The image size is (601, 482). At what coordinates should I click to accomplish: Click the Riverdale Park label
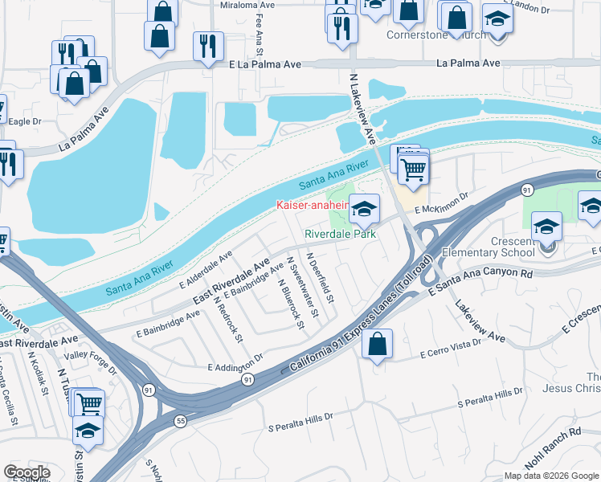tap(341, 235)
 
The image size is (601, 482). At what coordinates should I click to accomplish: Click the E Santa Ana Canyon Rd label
tap(481, 275)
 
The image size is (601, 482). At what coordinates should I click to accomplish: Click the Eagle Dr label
tap(24, 121)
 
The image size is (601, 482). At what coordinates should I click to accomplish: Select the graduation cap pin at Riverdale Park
tap(364, 210)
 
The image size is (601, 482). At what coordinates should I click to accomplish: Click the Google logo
tap(27, 472)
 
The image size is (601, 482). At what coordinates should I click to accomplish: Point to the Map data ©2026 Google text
tap(550, 476)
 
